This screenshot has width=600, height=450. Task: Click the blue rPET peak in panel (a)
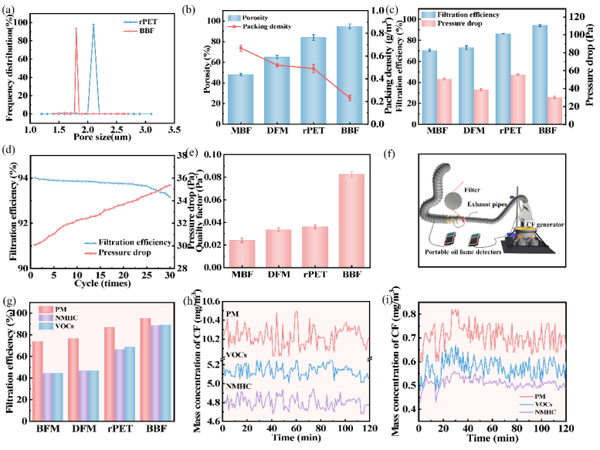[94, 25]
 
